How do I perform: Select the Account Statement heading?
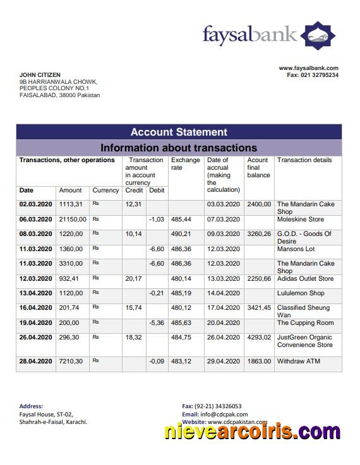179,132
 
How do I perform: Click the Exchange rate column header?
185,164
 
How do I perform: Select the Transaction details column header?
304,160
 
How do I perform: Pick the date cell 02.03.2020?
35,204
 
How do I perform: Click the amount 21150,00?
73,219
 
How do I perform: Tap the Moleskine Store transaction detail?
300,219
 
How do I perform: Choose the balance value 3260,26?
259,234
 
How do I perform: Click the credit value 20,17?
133,278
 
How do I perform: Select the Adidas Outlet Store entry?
305,278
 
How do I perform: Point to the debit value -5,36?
156,322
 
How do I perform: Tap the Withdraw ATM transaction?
299,361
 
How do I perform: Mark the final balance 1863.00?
259,361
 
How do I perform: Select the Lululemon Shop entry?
301,293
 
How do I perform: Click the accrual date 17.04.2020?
224,308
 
